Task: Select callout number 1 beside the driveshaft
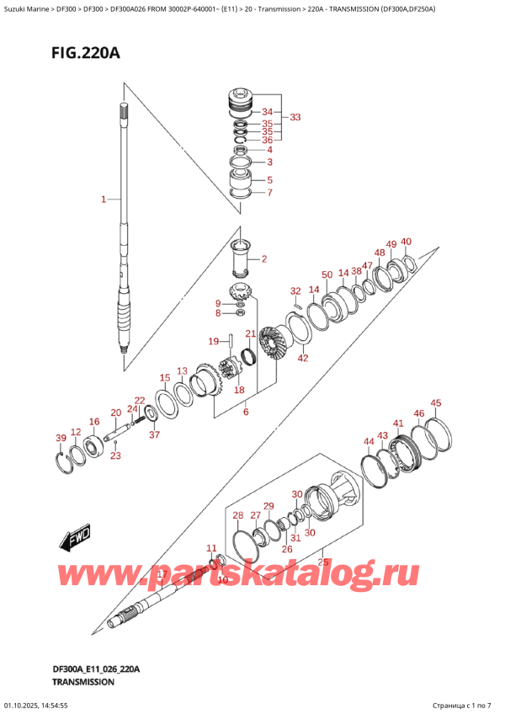103,200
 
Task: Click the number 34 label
267,112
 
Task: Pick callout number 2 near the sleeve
263,259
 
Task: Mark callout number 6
246,412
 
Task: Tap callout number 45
435,403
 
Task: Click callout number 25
323,562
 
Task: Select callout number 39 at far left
60,438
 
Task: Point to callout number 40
407,242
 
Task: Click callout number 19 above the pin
214,341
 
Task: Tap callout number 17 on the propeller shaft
162,576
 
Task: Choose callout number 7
269,193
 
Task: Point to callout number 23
115,456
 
